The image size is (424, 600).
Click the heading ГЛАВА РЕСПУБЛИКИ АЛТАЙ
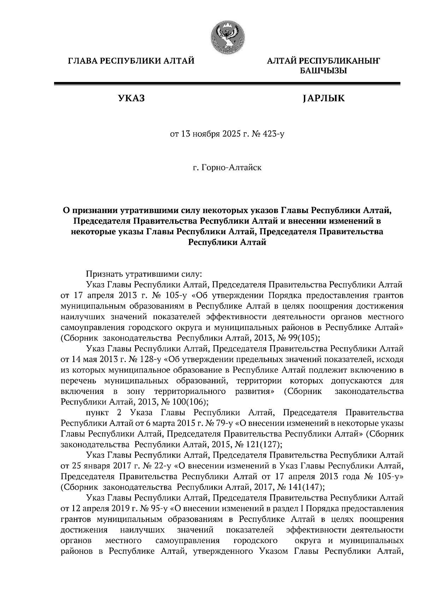[x=131, y=61]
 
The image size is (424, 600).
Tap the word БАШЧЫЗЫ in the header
[x=323, y=71]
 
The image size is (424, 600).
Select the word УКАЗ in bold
[x=131, y=98]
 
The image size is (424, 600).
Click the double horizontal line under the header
[x=227, y=84]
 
